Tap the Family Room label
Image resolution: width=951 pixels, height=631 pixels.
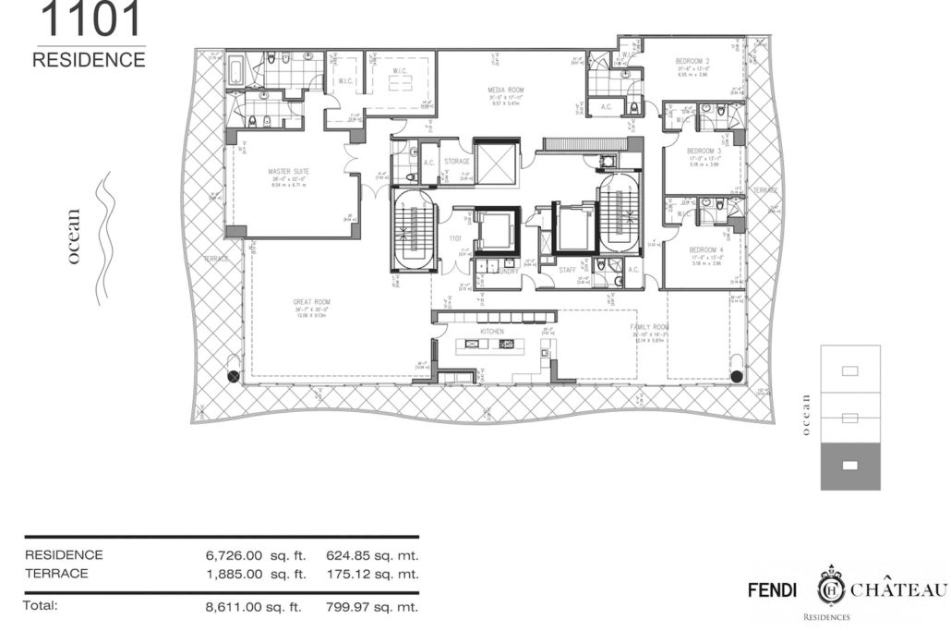coord(648,328)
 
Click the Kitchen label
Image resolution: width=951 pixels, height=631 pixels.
coord(490,330)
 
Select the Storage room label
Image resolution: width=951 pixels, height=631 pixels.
coord(456,162)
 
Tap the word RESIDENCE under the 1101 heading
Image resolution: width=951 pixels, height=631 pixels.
coord(89,60)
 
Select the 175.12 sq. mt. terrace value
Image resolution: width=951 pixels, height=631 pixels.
coord(372,574)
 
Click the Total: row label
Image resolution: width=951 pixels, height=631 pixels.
coord(42,606)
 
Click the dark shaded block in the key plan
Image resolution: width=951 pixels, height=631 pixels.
coord(850,465)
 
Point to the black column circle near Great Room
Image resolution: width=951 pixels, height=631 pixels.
coord(234,376)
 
